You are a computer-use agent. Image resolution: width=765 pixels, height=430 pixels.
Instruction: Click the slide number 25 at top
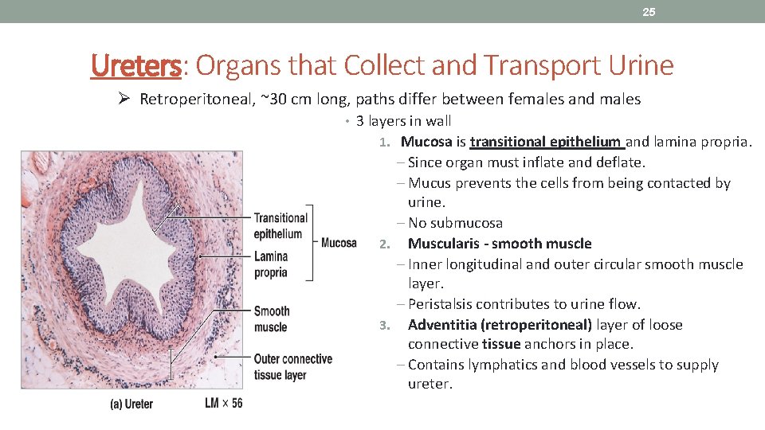point(649,12)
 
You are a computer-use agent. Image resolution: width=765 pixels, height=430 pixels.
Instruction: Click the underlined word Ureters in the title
point(136,65)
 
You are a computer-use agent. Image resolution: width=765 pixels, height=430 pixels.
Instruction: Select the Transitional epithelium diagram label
point(280,225)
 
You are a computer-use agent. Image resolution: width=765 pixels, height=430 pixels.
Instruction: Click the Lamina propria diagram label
point(271,264)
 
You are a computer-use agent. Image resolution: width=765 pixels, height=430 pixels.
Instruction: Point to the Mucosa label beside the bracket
point(339,243)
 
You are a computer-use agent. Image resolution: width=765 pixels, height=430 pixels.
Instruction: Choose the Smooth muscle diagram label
point(272,319)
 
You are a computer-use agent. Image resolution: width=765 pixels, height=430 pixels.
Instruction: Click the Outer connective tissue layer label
point(292,366)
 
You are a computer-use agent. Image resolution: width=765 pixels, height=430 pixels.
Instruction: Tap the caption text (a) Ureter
point(131,404)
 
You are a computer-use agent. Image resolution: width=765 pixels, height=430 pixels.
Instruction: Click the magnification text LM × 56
point(223,403)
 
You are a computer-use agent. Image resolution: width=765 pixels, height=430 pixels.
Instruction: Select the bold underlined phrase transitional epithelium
point(547,142)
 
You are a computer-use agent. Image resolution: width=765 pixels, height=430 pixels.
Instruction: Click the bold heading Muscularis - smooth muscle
point(500,244)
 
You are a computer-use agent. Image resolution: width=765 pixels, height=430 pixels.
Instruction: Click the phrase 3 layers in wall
point(403,121)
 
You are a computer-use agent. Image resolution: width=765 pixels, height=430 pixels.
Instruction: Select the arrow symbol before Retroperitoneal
point(124,100)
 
